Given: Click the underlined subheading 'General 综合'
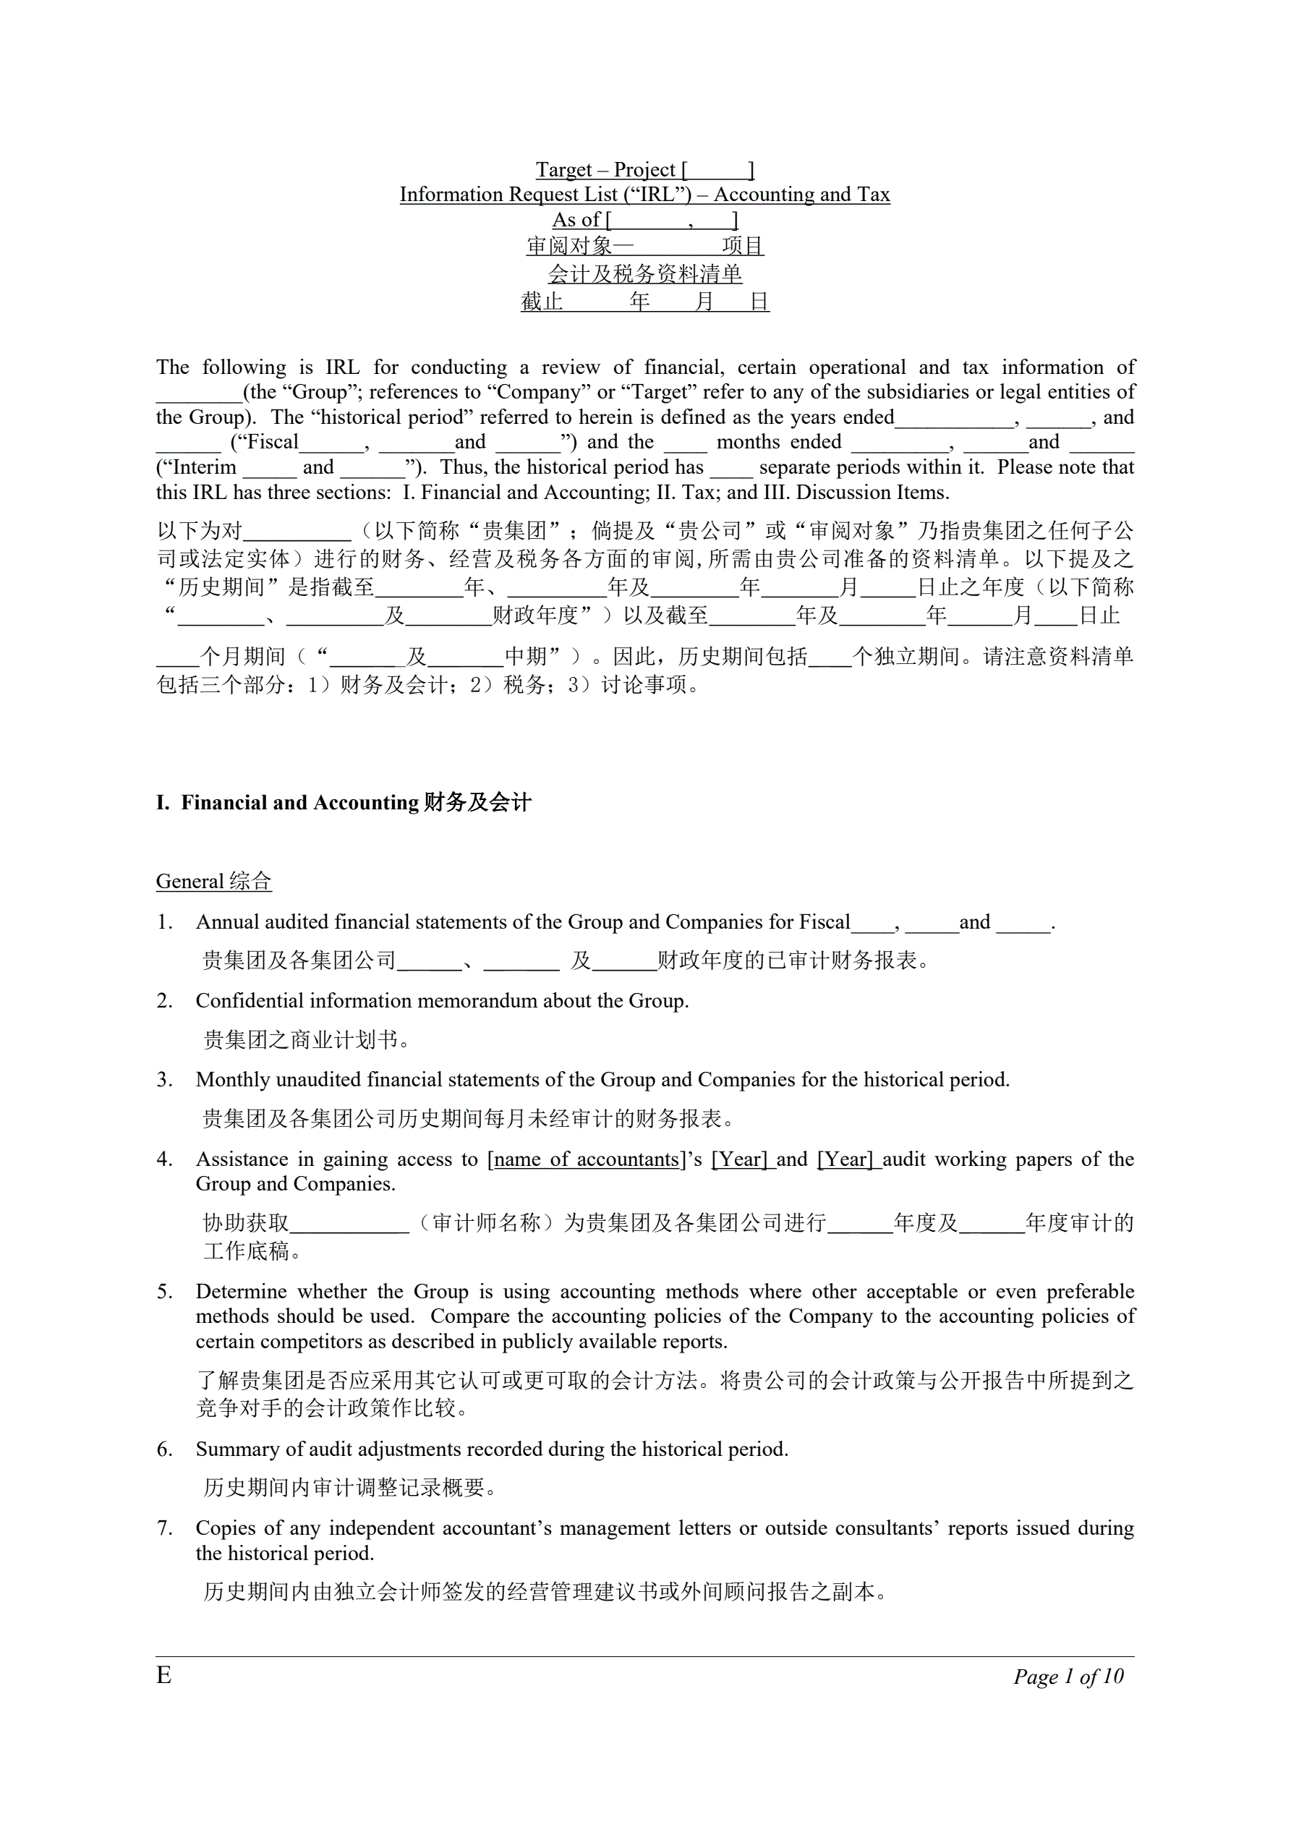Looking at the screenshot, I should click(x=213, y=881).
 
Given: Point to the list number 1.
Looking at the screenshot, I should click(x=164, y=922).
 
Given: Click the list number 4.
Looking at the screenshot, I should click(x=164, y=1159).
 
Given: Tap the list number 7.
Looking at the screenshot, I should click(x=164, y=1528).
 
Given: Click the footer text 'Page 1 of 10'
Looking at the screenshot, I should click(x=1068, y=1677).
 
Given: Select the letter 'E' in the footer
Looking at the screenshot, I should click(x=164, y=1675).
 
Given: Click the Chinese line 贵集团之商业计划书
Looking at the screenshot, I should click(x=306, y=1040).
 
